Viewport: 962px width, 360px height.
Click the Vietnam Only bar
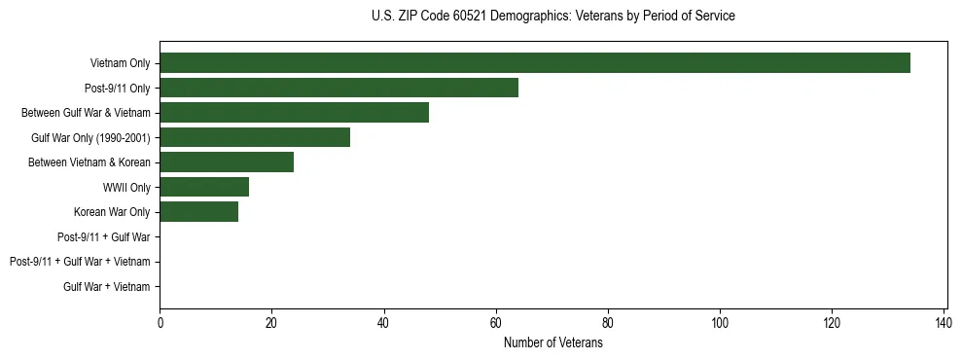pos(535,63)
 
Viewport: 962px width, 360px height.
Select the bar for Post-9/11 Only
pos(338,88)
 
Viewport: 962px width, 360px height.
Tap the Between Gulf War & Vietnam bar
pos(294,113)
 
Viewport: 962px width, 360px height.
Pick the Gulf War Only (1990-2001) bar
pos(255,137)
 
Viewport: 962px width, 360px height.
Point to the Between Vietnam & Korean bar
pos(227,162)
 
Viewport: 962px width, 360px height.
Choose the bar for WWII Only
pos(204,187)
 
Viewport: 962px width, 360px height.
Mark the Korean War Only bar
pos(198,212)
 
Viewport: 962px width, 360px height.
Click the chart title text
pos(553,16)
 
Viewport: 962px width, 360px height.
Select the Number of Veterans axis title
pos(553,343)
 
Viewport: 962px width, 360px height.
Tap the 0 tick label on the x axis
pos(160,323)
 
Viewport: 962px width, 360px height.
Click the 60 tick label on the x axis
pos(496,323)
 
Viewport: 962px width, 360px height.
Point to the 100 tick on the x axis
pos(720,323)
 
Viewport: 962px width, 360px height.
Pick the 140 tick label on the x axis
pos(944,323)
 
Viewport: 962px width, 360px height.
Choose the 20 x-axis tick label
pos(271,323)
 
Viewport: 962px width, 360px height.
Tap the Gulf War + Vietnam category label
pos(107,286)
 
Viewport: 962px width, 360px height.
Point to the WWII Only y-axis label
pos(126,187)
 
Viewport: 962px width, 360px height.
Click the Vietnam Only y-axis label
pos(120,63)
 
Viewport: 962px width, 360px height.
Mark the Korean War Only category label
pos(112,212)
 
